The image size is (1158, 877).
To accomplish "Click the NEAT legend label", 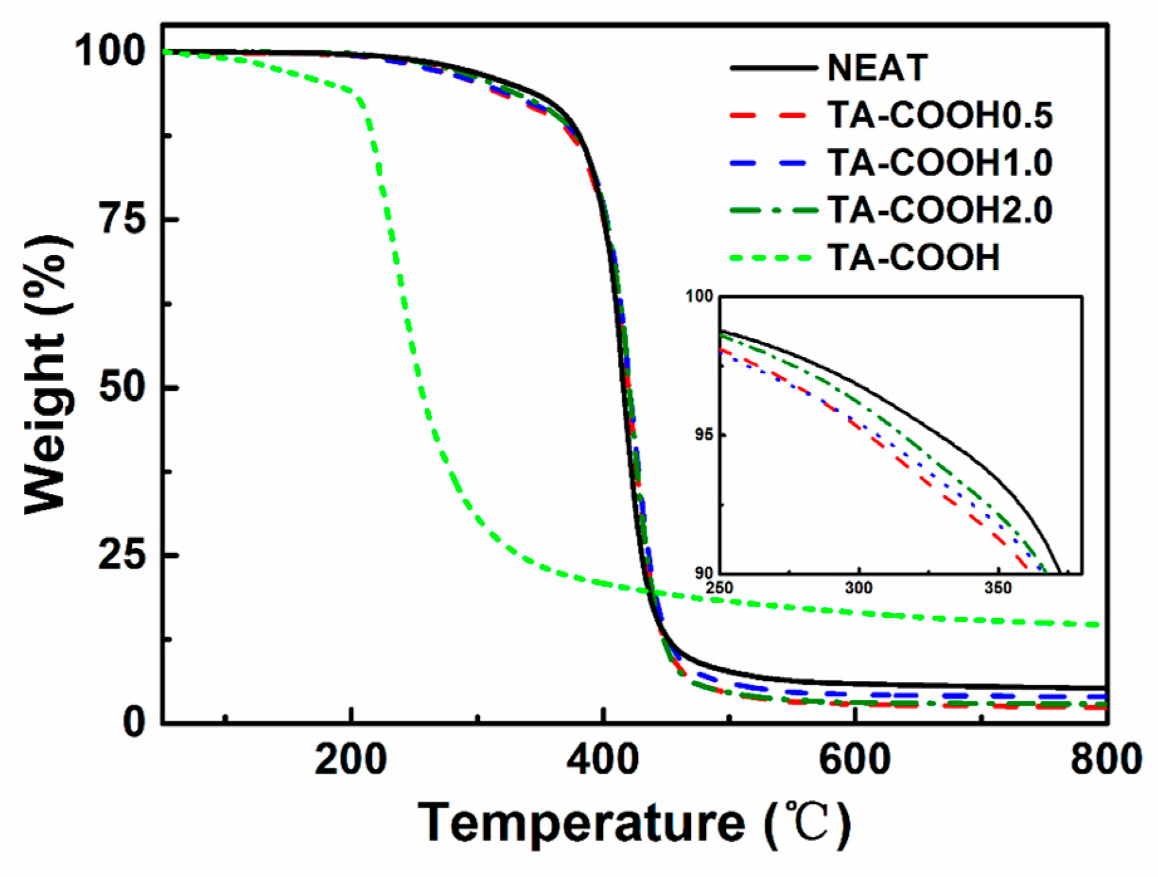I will click(x=877, y=68).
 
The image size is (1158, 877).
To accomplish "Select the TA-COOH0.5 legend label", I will click(x=939, y=116).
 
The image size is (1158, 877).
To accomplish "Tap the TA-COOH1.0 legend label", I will click(x=939, y=163).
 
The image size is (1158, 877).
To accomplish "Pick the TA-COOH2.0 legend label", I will click(x=939, y=210).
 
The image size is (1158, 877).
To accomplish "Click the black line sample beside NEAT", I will click(x=774, y=68).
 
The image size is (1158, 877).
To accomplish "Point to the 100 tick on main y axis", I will click(x=111, y=52).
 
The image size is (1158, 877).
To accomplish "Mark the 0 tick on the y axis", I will click(x=134, y=723).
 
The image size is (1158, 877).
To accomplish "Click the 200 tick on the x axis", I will click(x=350, y=760).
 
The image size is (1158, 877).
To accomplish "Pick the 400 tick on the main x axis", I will click(x=603, y=760).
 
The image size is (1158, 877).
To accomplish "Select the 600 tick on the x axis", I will click(x=855, y=760).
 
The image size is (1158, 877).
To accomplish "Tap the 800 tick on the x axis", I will click(x=1105, y=760).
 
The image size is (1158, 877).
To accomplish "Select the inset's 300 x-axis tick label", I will click(x=858, y=588).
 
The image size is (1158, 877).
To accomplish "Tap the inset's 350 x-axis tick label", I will click(x=998, y=588).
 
